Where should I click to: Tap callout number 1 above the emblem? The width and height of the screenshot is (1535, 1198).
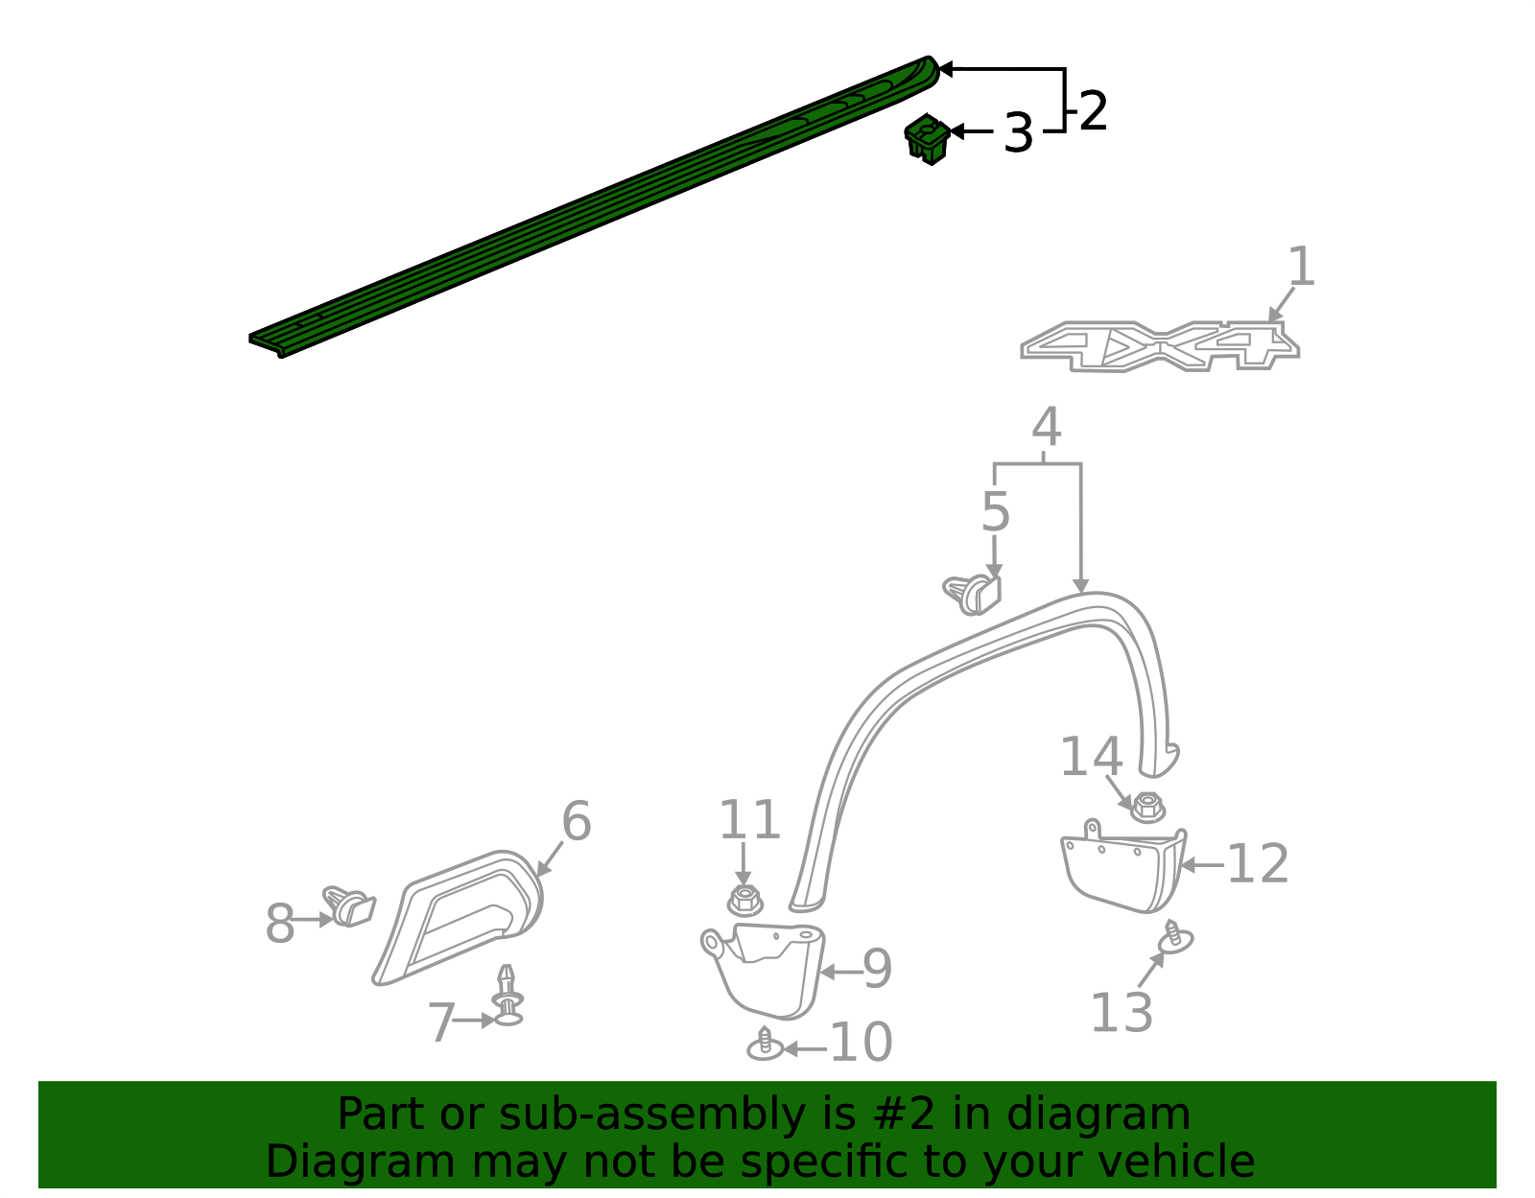point(1300,267)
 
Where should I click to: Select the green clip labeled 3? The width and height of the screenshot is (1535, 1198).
point(927,139)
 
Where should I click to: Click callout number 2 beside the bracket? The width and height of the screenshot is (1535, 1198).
point(1093,112)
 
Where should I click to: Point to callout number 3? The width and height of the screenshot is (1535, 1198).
point(1018,132)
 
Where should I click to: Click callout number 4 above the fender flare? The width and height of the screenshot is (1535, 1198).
point(1046,428)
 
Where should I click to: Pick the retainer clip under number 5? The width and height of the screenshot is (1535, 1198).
point(974,594)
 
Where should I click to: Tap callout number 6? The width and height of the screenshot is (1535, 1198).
point(576,822)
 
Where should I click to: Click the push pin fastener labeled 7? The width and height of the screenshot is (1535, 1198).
point(508,998)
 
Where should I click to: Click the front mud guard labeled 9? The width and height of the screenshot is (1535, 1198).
point(767,969)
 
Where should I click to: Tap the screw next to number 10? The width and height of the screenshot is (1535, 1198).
point(765,1045)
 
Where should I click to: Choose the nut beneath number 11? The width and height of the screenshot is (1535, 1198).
point(744,900)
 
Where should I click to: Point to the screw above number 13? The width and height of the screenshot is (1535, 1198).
point(1173,937)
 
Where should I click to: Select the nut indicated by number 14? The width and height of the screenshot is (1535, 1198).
point(1146,807)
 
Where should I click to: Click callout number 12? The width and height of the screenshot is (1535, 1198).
point(1257,864)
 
